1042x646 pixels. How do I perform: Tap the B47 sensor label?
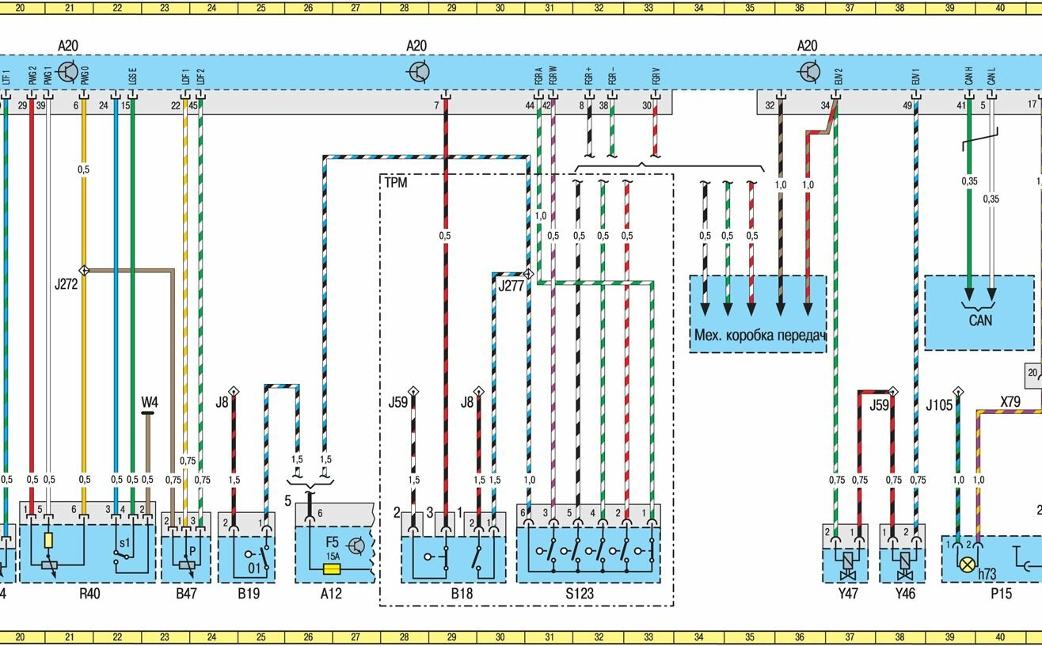[186, 592]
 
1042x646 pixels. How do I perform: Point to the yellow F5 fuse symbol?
[333, 568]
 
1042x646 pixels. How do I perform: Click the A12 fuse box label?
[330, 592]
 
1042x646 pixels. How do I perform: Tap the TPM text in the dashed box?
[396, 182]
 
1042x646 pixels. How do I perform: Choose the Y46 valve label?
[904, 592]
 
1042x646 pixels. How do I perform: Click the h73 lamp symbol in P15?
[967, 564]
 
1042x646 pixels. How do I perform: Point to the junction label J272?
[67, 283]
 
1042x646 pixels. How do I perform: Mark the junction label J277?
[511, 285]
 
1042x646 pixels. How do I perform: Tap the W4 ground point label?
[149, 402]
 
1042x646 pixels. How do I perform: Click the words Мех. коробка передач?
[759, 335]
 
